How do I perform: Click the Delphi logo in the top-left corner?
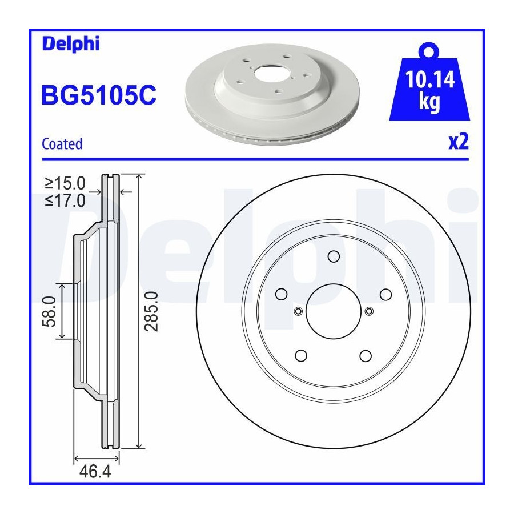71,44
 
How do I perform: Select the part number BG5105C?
99,95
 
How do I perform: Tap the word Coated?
62,144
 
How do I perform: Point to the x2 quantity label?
459,142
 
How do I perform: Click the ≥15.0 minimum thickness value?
65,183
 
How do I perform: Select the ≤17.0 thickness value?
65,200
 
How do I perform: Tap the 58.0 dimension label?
49,311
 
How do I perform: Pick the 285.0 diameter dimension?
151,311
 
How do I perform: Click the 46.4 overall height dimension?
95,472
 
